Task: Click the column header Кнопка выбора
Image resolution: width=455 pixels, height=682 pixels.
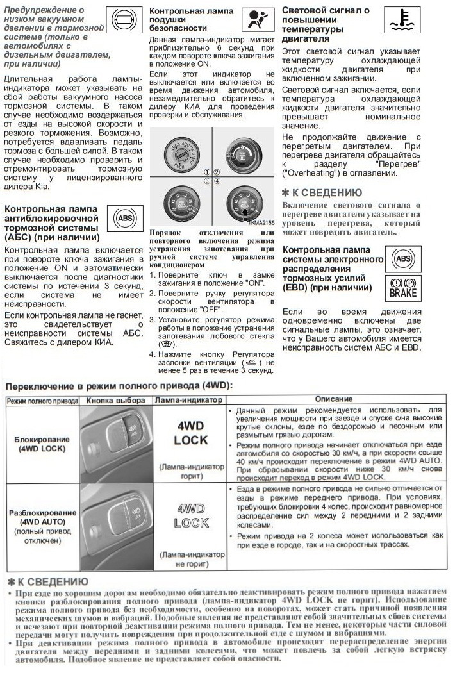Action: click(x=115, y=400)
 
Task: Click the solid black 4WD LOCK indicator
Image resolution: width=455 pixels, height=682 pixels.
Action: click(x=191, y=433)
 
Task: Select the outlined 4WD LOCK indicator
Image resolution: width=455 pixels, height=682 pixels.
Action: click(x=191, y=515)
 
